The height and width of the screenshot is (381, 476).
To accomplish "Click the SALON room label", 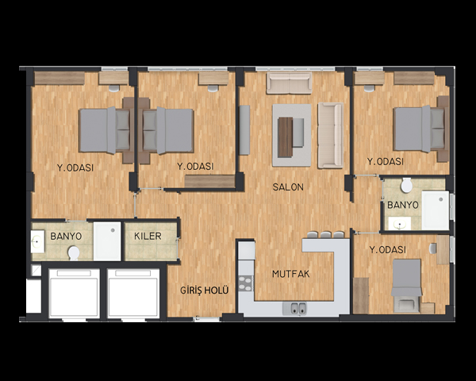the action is coord(288,187).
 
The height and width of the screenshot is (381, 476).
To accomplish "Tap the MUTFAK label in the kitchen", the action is coord(290,274).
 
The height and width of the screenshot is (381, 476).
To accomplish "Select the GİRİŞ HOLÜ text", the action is coord(204,291).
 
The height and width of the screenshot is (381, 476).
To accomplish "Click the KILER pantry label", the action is coord(148,236).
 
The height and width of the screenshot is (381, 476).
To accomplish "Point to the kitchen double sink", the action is coord(294,309).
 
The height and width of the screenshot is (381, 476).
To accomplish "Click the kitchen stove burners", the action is coord(245,283).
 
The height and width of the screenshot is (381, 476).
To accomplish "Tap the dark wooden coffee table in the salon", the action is coord(286,137).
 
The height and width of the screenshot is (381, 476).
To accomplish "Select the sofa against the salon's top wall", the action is coord(289,83).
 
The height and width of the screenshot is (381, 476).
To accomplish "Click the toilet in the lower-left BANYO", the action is coord(74,252).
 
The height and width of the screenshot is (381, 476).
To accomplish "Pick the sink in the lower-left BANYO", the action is coord(37,241).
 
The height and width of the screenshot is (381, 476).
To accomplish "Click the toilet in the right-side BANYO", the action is coord(406,185).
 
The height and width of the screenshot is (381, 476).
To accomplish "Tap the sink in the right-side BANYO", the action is coord(400,224).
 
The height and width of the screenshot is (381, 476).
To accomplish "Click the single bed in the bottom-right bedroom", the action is coord(406,285).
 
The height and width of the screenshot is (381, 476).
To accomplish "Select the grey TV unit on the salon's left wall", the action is coord(244,130).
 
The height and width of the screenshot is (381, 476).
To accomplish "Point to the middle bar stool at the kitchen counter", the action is coord(326,235).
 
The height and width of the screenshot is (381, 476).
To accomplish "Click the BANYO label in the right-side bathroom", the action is coord(403,205).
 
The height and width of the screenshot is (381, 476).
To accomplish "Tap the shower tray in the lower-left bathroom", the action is coord(107,241).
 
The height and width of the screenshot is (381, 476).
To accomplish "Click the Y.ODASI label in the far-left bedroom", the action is coord(75,167).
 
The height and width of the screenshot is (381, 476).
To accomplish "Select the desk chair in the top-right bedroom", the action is coord(369,88).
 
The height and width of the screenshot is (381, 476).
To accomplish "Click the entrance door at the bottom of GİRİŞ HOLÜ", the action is coord(206,319).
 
